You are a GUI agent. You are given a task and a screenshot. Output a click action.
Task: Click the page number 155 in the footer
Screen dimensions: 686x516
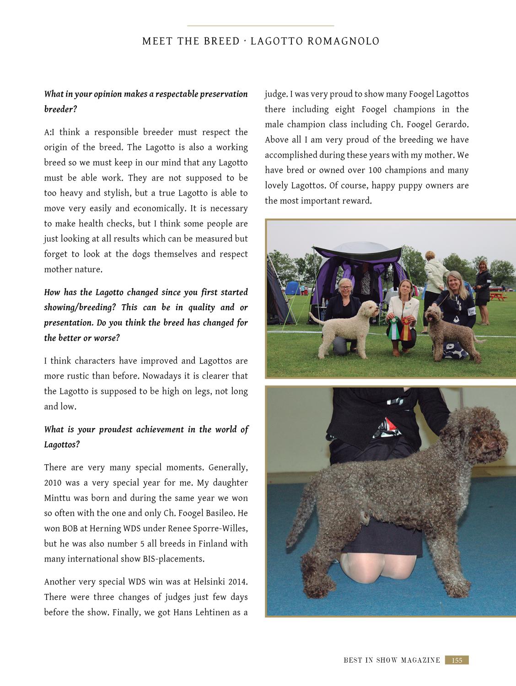(x=457, y=660)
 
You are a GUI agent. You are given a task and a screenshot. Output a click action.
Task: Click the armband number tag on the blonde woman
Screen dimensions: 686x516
(x=472, y=312)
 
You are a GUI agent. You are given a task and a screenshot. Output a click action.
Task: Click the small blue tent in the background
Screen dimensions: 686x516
(x=291, y=287)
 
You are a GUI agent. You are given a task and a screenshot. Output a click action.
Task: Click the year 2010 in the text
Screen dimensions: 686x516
(x=53, y=483)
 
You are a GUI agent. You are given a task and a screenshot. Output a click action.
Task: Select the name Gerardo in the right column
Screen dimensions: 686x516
(x=450, y=124)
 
